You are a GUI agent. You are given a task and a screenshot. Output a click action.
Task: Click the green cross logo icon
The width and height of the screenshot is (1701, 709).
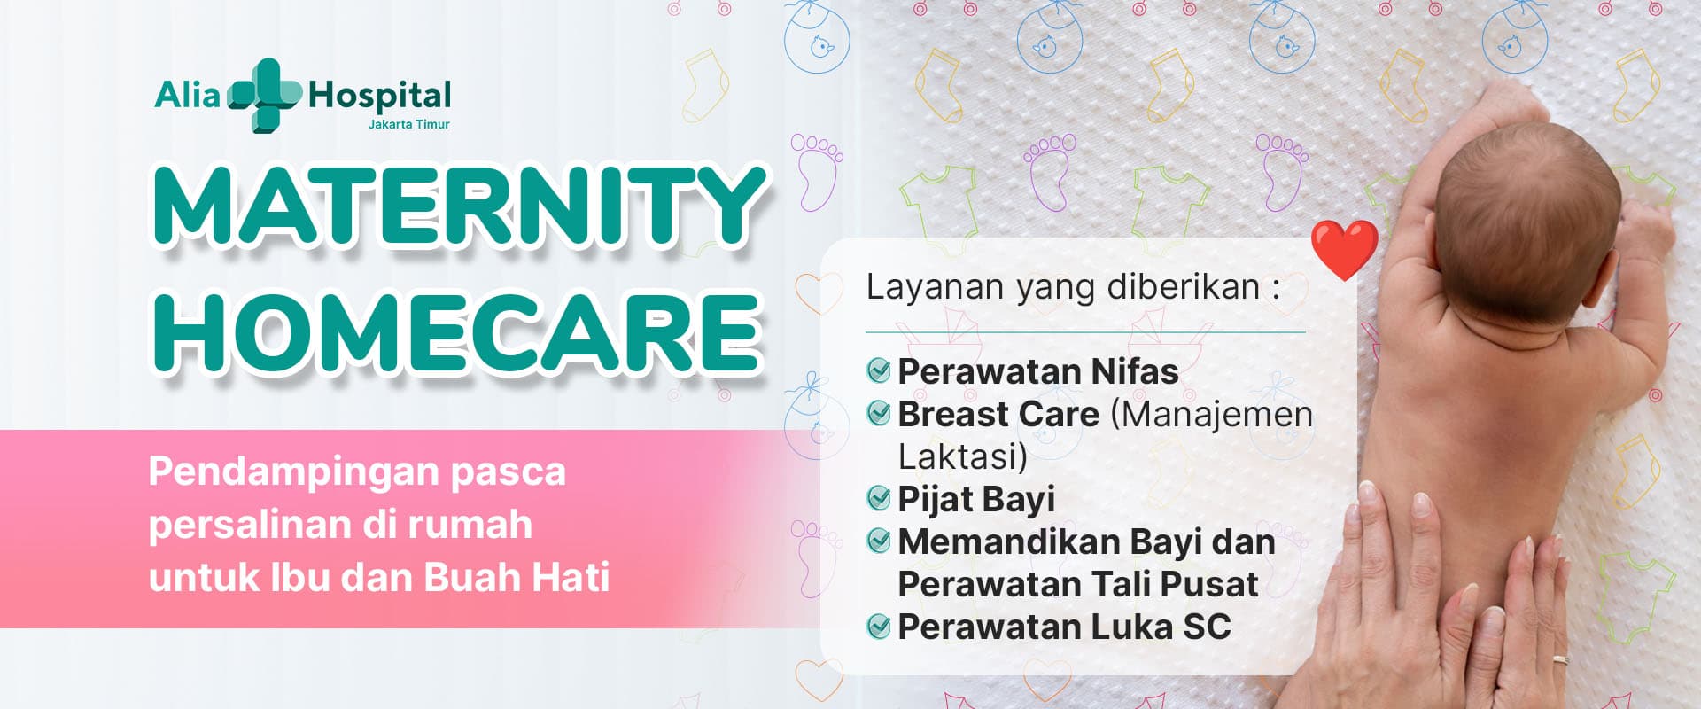[x=265, y=95]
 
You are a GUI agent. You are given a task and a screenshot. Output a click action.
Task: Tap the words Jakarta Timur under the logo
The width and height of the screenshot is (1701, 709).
[x=408, y=124]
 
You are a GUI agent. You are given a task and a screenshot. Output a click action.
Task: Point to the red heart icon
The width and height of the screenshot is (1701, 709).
[x=1344, y=250]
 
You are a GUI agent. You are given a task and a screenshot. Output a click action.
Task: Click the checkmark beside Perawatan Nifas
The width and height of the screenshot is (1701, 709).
[x=878, y=370]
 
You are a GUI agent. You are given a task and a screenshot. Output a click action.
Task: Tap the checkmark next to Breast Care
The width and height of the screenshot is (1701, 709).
[x=878, y=413]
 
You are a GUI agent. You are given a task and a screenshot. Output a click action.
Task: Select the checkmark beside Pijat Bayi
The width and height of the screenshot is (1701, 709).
[x=878, y=498]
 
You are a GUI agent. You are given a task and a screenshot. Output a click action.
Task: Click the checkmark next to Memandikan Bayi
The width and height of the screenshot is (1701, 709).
[x=878, y=541]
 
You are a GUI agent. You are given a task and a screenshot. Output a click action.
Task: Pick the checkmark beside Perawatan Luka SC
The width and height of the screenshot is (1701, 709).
[x=878, y=627]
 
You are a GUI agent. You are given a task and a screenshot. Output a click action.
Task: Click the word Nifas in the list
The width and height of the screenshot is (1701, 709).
[x=1135, y=371]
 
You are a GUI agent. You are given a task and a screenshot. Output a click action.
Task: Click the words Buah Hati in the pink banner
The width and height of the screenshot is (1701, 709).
[x=517, y=577]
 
